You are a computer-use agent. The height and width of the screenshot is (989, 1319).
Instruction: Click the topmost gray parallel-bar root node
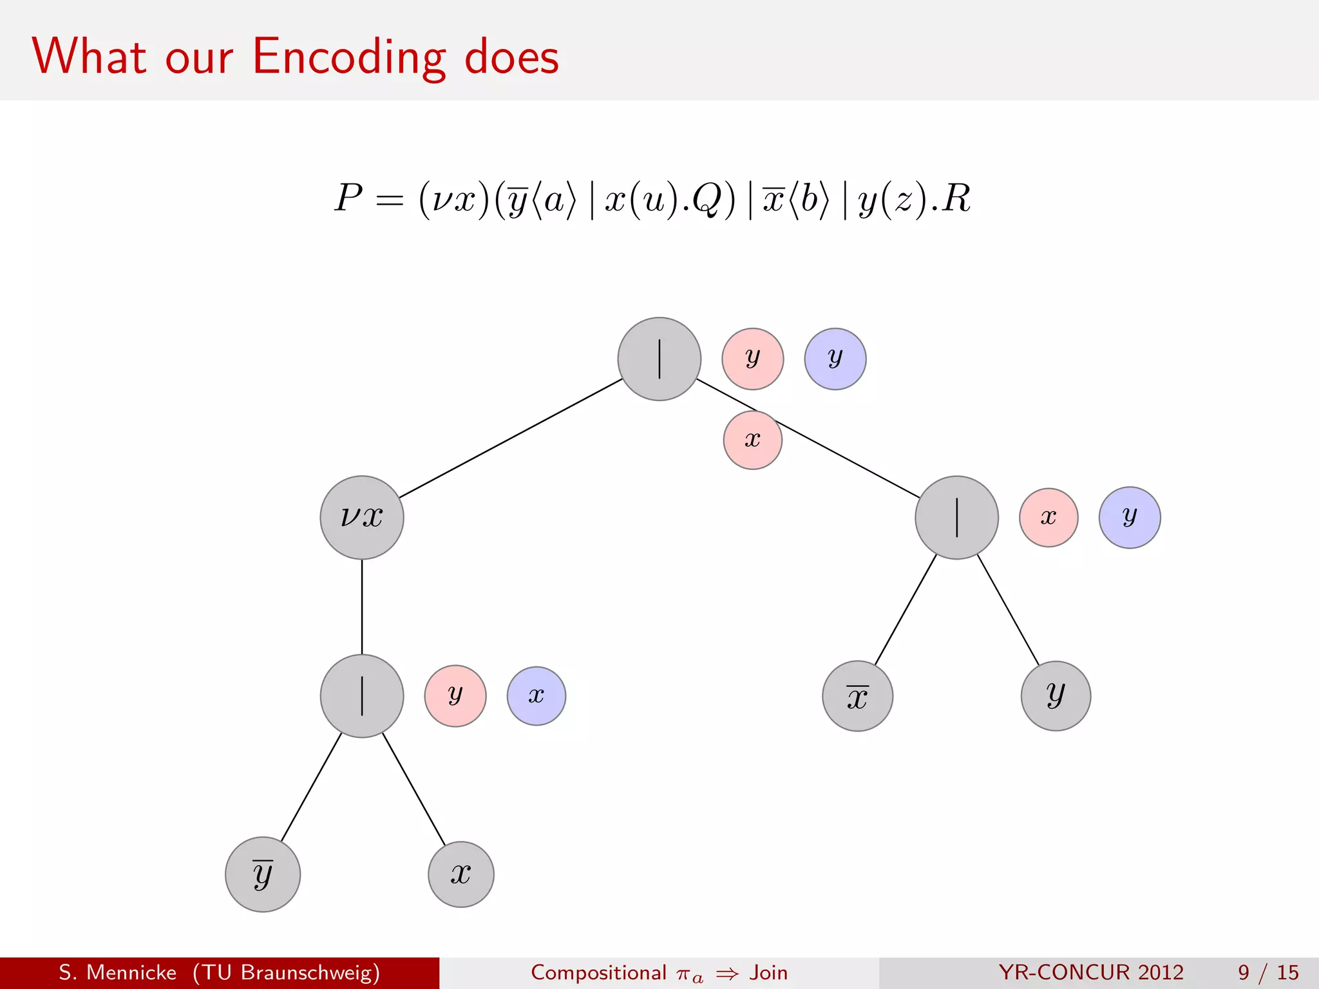click(x=659, y=359)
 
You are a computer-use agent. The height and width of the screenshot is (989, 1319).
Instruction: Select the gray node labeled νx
click(x=362, y=517)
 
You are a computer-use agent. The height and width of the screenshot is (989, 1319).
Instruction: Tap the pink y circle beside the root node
click(x=752, y=359)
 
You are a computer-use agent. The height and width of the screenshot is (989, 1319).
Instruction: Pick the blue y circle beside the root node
click(x=835, y=359)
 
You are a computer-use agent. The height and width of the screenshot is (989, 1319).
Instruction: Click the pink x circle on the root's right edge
click(x=752, y=440)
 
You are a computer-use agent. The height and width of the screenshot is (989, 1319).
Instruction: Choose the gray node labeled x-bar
click(x=857, y=696)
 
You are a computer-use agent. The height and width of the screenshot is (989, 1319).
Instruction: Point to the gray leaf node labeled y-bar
click(x=263, y=874)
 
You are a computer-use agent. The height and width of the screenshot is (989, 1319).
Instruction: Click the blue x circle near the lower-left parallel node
click(x=536, y=696)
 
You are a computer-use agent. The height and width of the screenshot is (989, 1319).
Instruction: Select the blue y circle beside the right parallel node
click(x=1130, y=517)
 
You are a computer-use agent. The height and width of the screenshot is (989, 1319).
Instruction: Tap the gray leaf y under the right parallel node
click(x=1056, y=696)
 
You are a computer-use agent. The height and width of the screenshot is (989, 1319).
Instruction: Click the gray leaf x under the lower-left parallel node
click(x=461, y=874)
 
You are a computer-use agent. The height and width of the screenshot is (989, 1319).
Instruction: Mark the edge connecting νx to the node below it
click(x=362, y=607)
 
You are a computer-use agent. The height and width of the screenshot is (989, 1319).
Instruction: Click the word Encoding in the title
click(x=348, y=57)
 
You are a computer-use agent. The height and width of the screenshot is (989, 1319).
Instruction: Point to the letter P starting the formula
click(x=348, y=198)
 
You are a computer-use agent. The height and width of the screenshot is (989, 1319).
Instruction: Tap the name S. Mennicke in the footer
click(x=118, y=972)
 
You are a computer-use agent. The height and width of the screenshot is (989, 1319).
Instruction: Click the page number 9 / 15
click(x=1267, y=972)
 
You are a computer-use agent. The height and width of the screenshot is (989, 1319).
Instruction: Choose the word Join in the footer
click(x=768, y=972)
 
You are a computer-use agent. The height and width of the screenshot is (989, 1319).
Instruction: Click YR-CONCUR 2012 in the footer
click(x=1091, y=972)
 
